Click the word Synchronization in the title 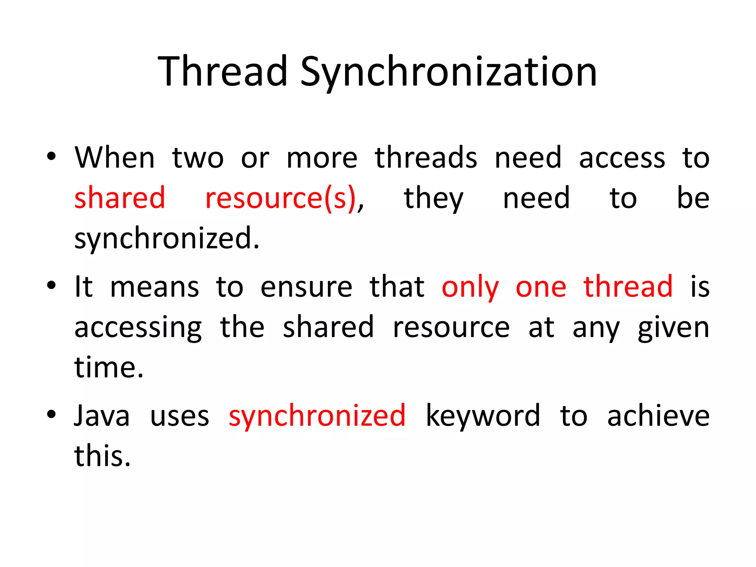point(448,72)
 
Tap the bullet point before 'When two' point(51,157)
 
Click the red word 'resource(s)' point(281,198)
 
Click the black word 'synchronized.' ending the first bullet point(167,239)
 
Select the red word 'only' point(470,288)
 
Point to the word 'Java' point(102,416)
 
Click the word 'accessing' point(138,328)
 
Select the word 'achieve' point(658,416)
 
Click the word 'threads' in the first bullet point(426,158)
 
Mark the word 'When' point(114,158)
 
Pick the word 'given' point(673,328)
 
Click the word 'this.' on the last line point(103,456)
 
